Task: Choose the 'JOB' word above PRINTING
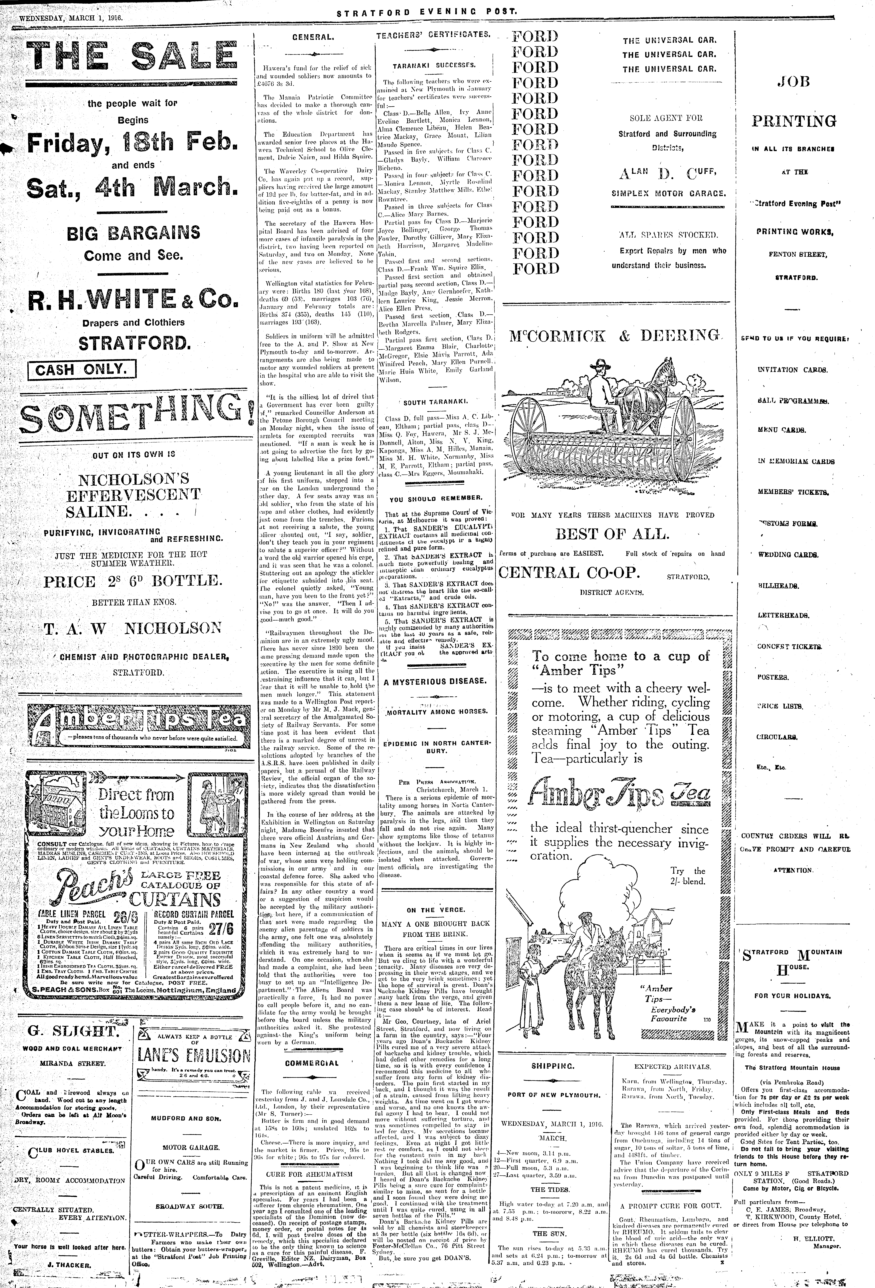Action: tap(794, 82)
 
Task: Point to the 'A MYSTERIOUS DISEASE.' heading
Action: tap(435, 681)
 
